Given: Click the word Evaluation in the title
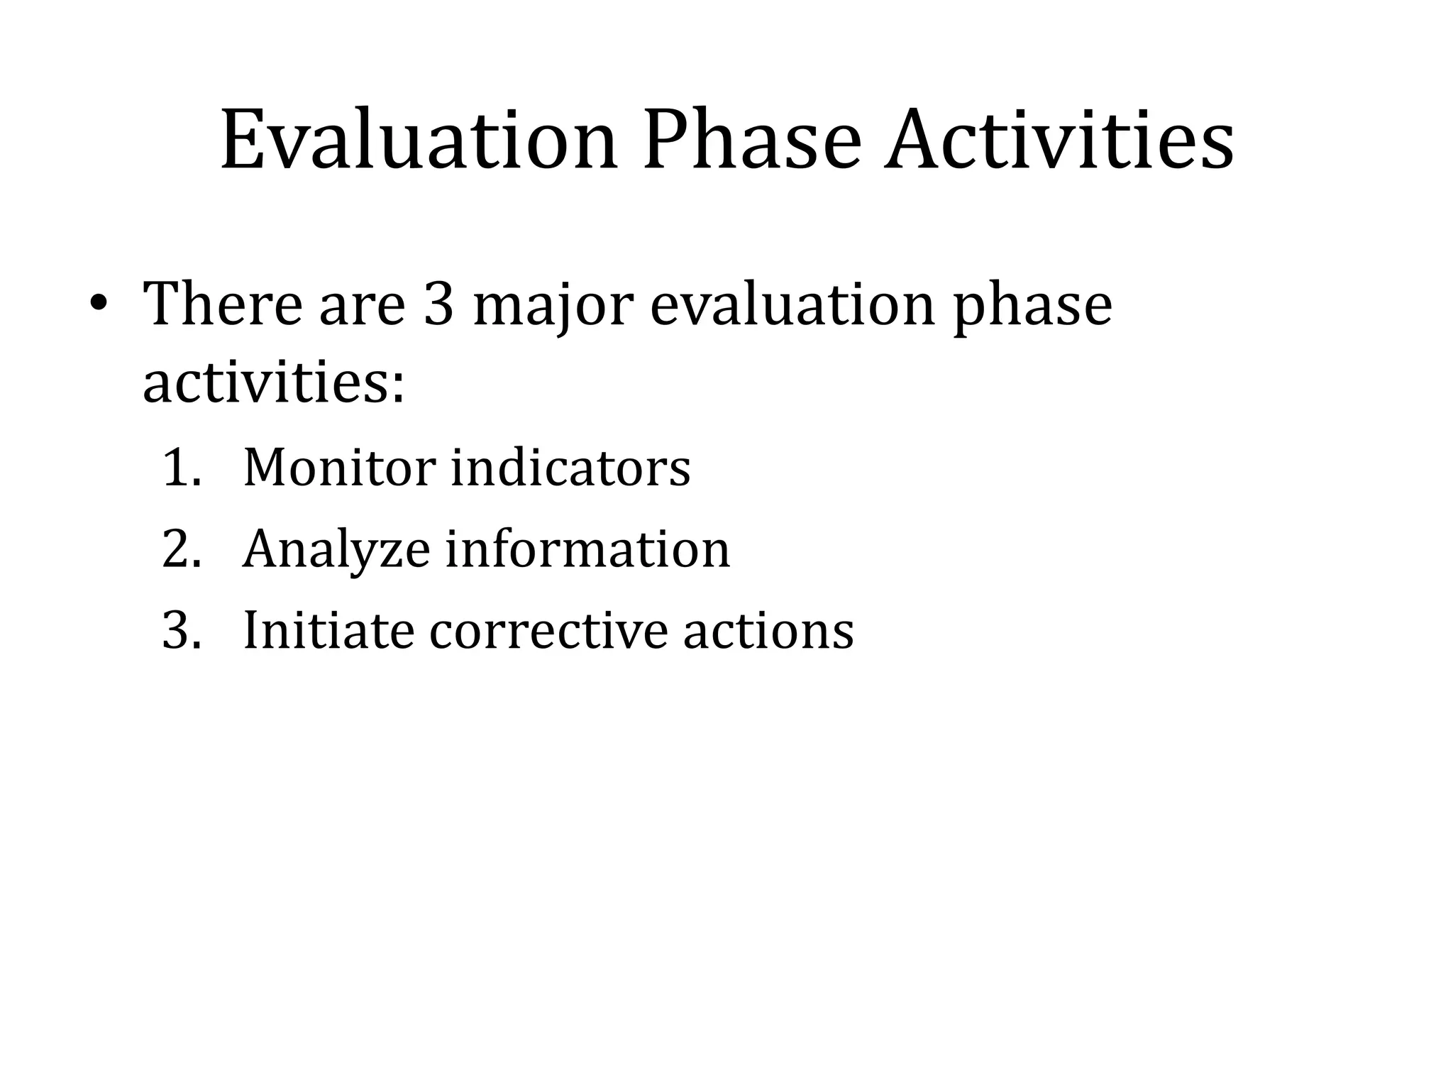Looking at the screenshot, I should pos(419,140).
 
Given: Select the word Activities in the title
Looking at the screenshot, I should pos(1059,140).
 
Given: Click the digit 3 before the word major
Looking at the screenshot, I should pos(438,305).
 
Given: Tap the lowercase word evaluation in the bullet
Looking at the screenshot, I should pos(792,305).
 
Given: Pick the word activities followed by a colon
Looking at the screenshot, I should pos(273,383).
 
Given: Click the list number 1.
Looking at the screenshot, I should pos(181,468).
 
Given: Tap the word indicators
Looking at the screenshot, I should pos(570,468).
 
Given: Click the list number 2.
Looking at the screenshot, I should pos(181,550).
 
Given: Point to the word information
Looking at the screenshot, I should pos(587,550).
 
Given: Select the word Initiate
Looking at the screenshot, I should pos(328,631).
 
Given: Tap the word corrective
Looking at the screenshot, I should pos(548,631).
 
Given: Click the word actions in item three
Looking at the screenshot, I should pos(768,631).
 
